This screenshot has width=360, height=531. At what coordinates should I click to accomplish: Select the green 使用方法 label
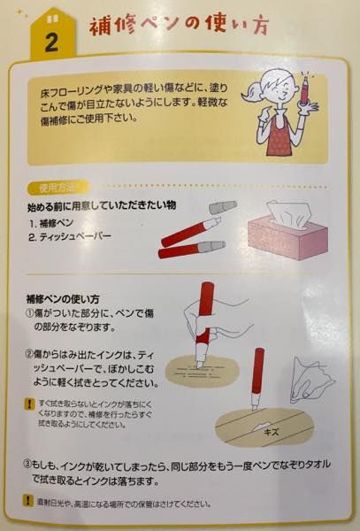[x=61, y=189]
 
